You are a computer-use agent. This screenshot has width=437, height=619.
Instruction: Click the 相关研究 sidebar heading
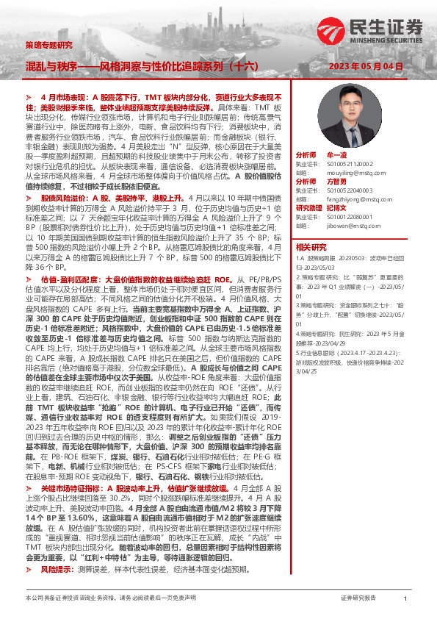click(x=313, y=267)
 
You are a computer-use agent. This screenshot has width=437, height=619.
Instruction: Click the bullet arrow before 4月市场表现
click(x=29, y=97)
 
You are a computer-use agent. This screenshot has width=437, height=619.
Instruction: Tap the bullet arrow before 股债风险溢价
click(x=29, y=199)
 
